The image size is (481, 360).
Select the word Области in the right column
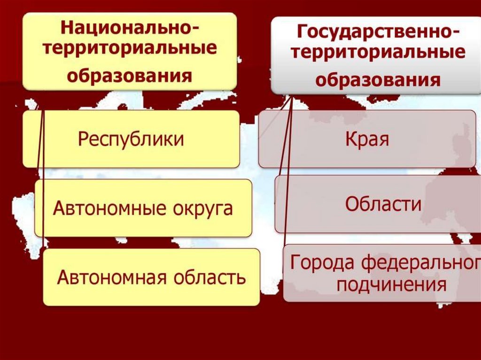[x=383, y=205]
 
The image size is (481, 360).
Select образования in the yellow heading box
[x=129, y=75]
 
